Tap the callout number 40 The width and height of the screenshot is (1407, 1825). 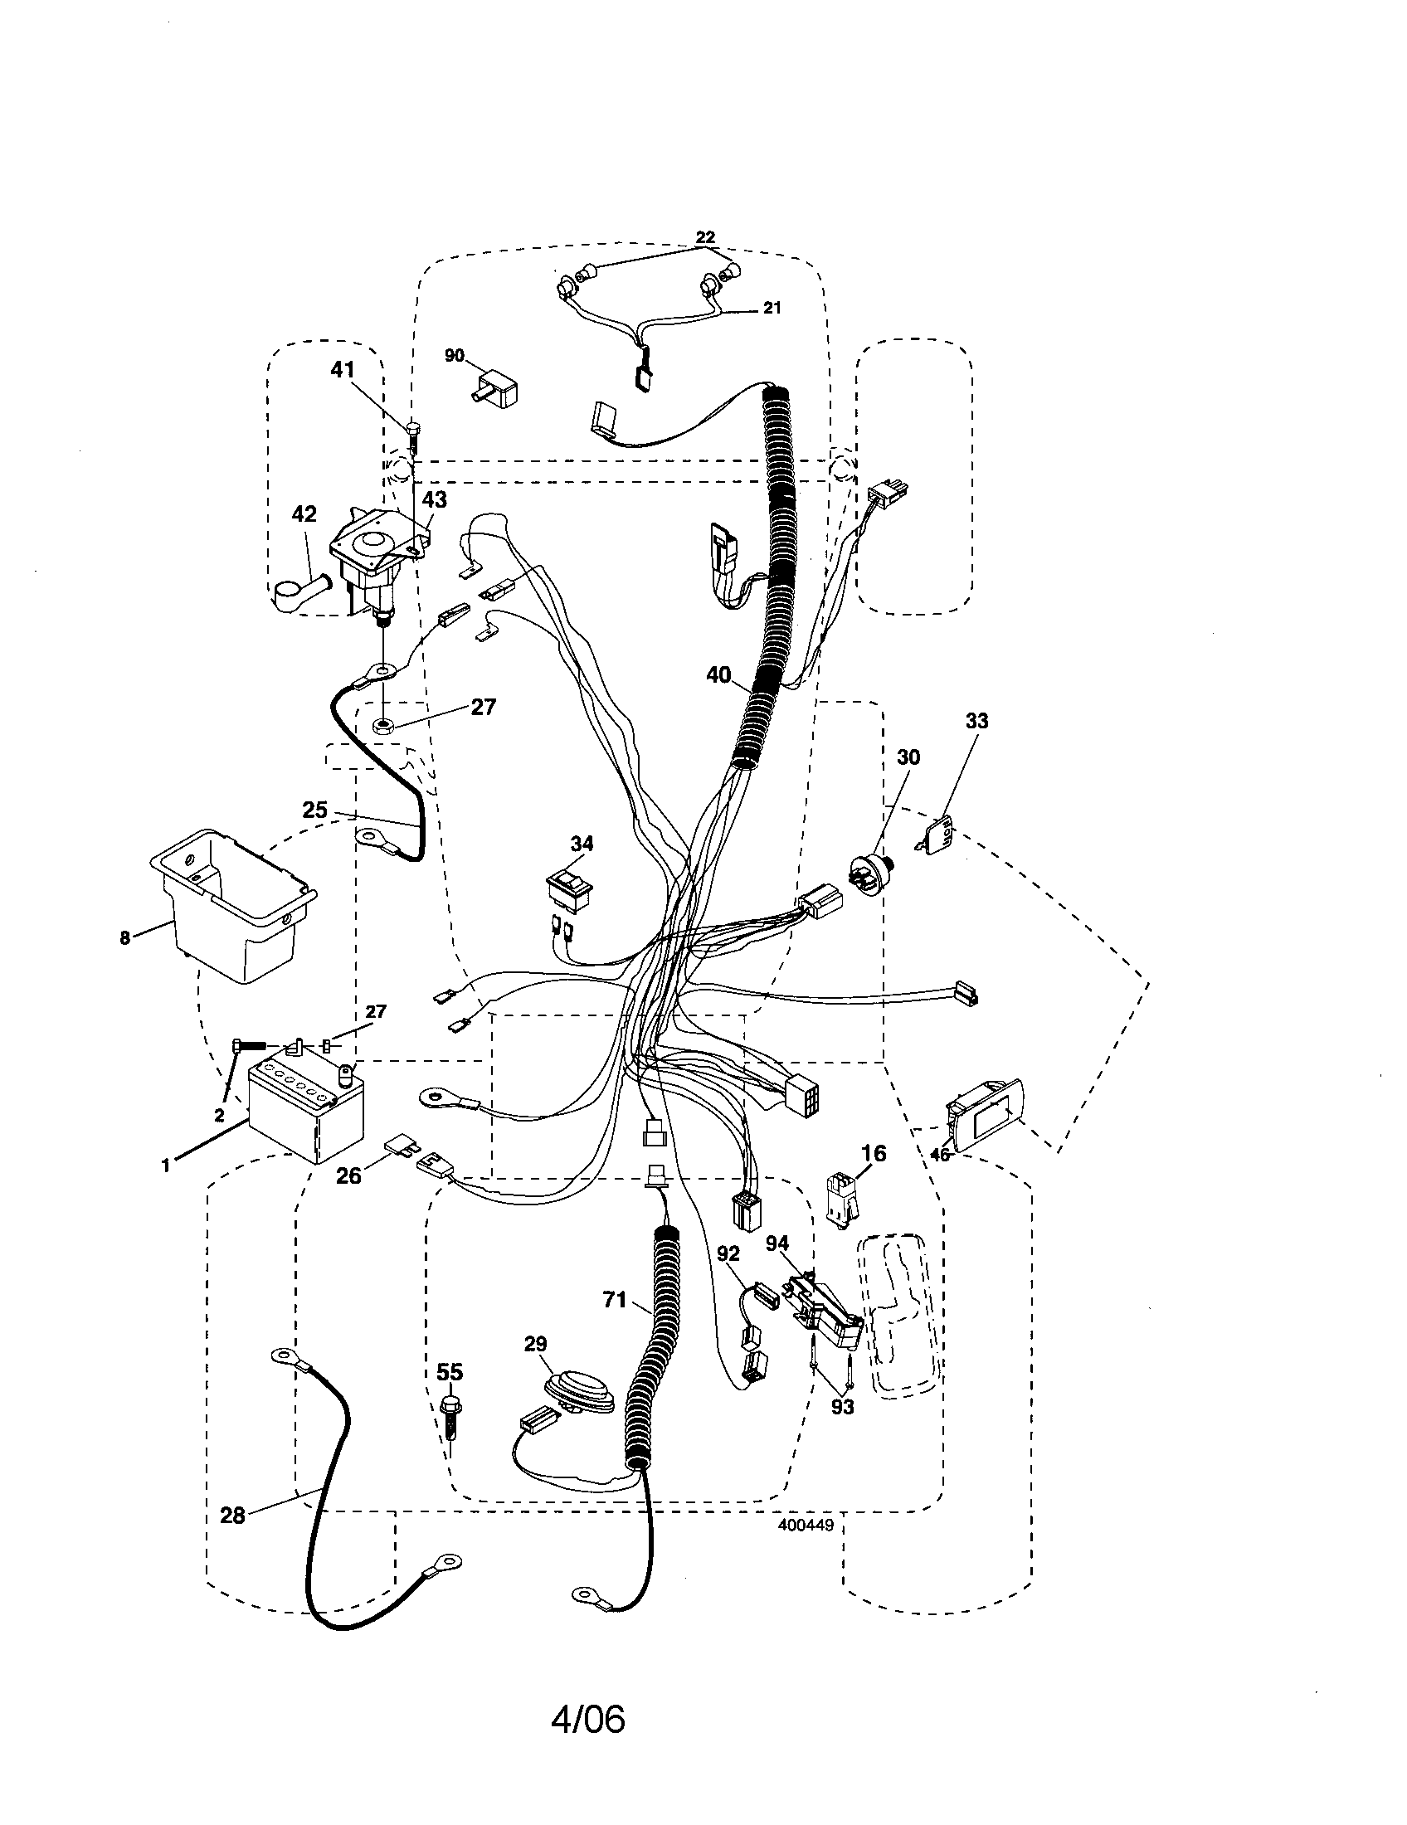click(x=718, y=674)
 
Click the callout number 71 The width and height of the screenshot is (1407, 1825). click(x=614, y=1299)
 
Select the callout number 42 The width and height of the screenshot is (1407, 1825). click(x=304, y=514)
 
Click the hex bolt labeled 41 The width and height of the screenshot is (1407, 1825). click(x=414, y=435)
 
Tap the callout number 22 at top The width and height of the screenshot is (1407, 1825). click(x=705, y=237)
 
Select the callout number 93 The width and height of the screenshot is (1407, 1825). click(x=842, y=1407)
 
